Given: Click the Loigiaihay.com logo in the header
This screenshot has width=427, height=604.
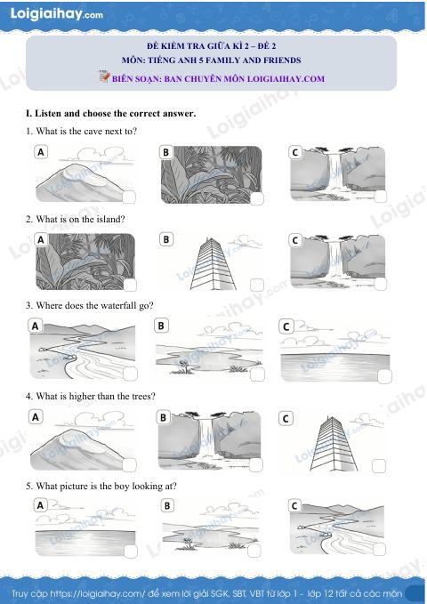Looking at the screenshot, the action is [56, 14].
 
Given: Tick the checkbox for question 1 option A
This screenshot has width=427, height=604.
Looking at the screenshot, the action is [129, 197].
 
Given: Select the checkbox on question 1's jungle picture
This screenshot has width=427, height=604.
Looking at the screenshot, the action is [257, 198].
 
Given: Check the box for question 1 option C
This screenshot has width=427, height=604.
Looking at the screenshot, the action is [381, 197].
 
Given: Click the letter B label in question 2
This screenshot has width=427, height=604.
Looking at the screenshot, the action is [166, 239].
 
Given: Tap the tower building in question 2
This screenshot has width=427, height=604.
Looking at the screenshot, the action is [213, 263].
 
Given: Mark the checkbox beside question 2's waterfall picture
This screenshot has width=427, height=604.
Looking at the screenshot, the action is [380, 285].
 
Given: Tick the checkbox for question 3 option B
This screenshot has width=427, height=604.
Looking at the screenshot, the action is [257, 374].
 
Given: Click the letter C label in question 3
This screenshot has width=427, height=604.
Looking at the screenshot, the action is [286, 326].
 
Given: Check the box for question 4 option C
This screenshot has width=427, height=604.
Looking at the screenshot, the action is [379, 466].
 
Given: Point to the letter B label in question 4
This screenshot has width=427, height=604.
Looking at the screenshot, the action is [163, 417].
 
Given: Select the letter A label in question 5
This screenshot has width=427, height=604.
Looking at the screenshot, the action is [40, 505].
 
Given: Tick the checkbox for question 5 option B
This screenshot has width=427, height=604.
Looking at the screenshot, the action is [254, 551].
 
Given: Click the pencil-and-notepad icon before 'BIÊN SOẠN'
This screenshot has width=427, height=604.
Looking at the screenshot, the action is [104, 77].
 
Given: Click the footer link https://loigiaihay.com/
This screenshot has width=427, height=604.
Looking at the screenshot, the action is [98, 593].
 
